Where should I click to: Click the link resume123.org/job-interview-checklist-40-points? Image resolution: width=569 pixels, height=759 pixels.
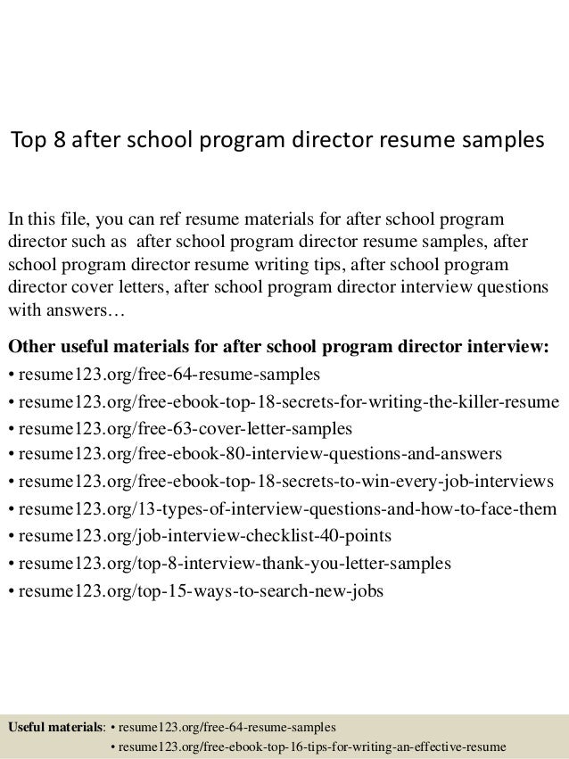(192, 537)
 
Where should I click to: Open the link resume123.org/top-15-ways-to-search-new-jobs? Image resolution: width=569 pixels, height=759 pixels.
(200, 591)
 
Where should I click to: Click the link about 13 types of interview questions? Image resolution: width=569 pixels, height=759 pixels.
(286, 509)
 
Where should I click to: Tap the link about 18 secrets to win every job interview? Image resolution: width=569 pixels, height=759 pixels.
(284, 482)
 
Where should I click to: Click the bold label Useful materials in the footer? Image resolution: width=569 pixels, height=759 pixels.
(55, 727)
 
